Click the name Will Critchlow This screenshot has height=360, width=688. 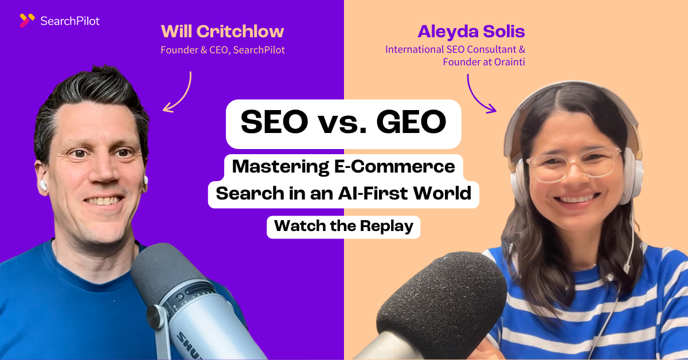pyautogui.click(x=222, y=32)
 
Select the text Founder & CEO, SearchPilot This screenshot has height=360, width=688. pyautogui.click(x=222, y=50)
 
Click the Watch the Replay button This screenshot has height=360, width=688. pyautogui.click(x=343, y=226)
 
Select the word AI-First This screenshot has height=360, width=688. pyautogui.click(x=372, y=194)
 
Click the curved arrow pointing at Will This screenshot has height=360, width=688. pyautogui.click(x=182, y=92)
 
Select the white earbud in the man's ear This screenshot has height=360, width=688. pyautogui.click(x=42, y=185)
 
